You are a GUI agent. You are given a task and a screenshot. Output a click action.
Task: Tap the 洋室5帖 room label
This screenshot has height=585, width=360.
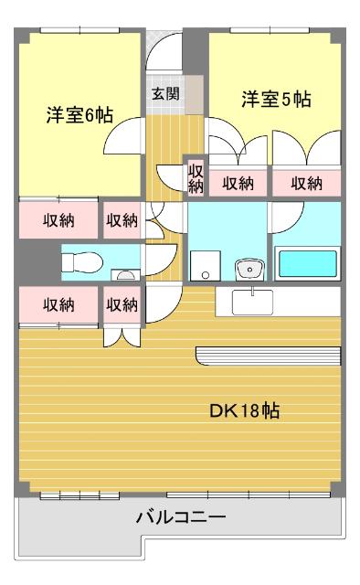276,100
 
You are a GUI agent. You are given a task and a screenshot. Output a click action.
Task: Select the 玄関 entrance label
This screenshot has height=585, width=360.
164,92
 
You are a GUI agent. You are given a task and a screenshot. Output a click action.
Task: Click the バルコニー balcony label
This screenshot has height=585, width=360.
180,517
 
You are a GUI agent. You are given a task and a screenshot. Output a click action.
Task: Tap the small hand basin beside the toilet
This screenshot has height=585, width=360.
124,274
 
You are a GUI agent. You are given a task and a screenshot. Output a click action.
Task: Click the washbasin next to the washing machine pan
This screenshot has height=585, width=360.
247,270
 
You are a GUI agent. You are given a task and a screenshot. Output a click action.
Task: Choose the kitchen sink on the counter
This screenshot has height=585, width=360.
249,301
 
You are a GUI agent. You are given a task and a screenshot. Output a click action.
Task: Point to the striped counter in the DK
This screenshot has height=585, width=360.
269,356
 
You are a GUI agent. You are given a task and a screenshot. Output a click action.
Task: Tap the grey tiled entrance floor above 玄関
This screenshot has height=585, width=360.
164,59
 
